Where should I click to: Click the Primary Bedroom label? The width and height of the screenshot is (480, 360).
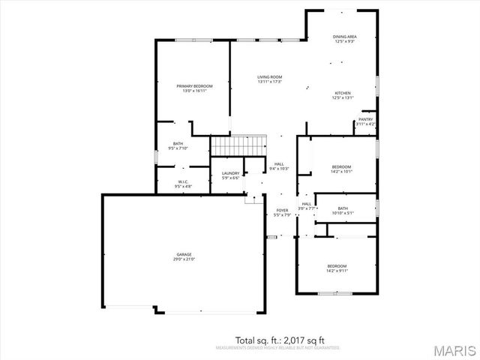coord(194,86)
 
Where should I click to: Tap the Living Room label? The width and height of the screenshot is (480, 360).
coord(269,76)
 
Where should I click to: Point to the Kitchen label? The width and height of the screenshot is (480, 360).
coord(343,93)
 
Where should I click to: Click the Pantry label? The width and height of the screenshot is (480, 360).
coord(365,119)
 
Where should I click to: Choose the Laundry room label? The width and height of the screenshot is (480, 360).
coord(230,173)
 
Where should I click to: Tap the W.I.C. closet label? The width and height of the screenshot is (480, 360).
coord(182,181)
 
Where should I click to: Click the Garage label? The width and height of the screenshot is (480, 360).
coord(184,255)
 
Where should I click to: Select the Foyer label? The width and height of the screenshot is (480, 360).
coord(282,211)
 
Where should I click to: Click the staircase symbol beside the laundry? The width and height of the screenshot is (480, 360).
coord(238,144)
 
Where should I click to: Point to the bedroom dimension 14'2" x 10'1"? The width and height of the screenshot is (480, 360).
coord(342,171)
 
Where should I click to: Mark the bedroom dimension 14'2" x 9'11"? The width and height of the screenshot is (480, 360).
coord(337,271)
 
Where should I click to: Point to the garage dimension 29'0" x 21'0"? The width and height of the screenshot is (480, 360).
coord(184,259)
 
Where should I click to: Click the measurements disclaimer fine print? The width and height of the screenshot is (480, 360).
coord(277,348)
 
